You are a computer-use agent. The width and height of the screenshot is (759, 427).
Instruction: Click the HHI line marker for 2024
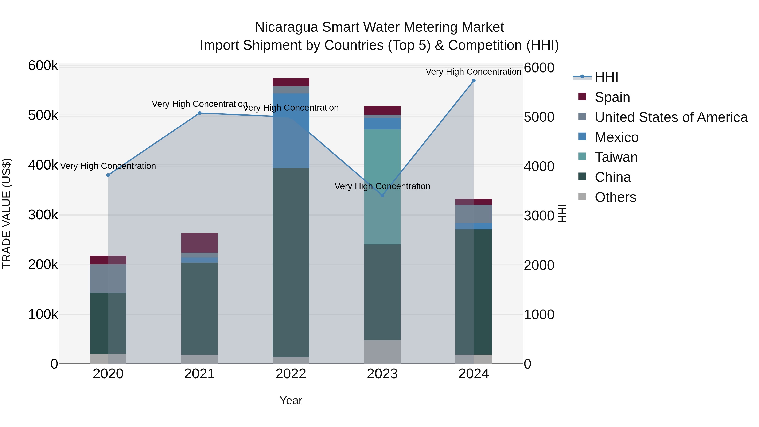474,81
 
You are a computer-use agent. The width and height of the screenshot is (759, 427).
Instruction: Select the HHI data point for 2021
199,113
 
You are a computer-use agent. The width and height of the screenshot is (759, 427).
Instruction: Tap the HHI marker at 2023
382,195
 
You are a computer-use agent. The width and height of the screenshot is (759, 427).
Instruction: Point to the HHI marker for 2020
108,175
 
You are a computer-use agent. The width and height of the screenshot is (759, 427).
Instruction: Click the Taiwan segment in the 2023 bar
382,165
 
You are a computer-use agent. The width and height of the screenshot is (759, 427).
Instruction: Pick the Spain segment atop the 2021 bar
199,243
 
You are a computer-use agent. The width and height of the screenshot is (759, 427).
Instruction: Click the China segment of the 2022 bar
291,262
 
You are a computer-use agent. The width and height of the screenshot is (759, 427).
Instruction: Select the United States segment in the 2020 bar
108,279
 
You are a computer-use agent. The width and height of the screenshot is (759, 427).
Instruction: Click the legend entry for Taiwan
616,157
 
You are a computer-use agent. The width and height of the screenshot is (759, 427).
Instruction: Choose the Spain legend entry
612,97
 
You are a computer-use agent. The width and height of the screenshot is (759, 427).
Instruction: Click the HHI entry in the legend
606,77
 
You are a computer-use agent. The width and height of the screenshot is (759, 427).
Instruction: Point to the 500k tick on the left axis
43,116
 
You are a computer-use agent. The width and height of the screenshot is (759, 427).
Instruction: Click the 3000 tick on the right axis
539,216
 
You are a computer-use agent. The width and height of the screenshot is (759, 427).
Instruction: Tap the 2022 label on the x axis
291,374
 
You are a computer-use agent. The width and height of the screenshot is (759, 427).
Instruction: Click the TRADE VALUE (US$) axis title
7,213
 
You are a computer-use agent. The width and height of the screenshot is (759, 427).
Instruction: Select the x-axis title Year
291,400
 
